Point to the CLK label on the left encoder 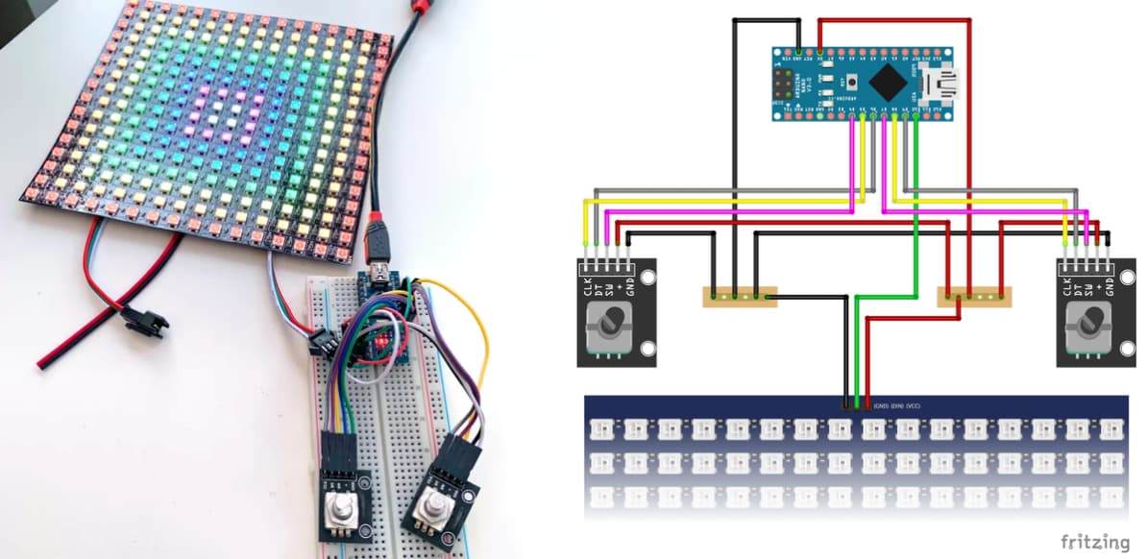[x=588, y=285]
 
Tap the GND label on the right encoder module [x=1109, y=285]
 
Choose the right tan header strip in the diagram [x=973, y=297]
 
